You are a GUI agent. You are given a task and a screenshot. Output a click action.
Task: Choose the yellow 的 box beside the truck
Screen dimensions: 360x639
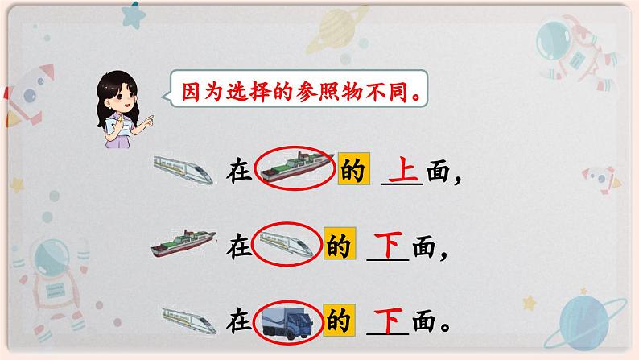click(338, 321)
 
